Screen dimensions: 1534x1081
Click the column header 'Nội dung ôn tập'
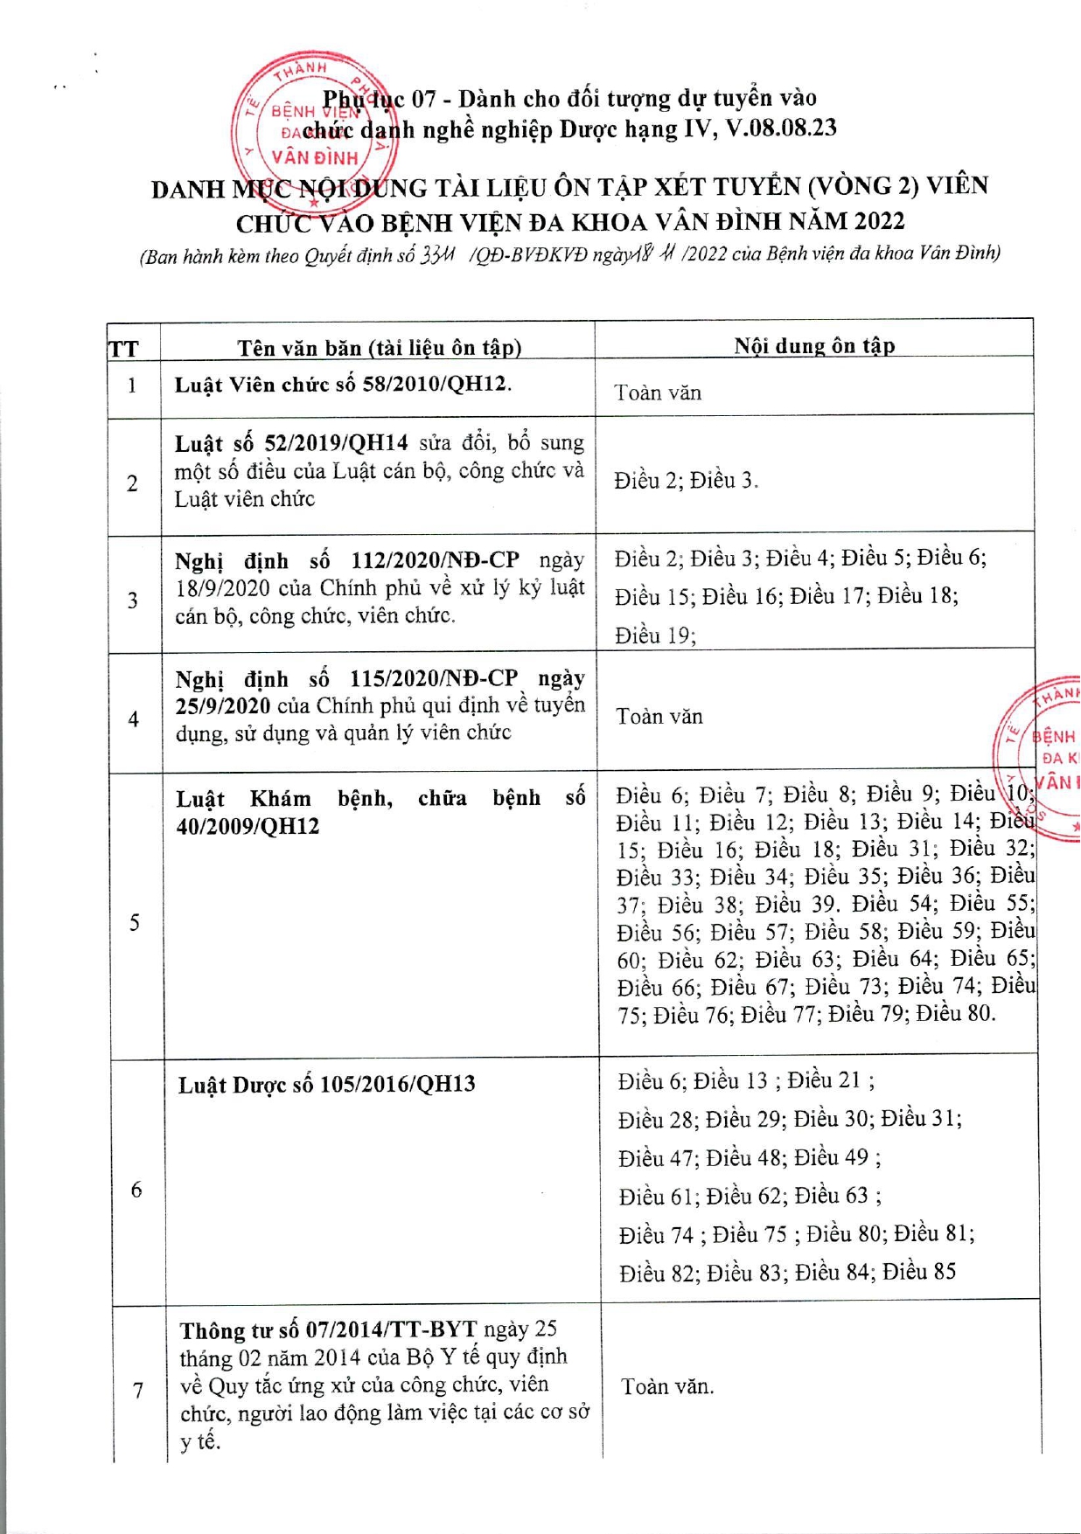click(813, 345)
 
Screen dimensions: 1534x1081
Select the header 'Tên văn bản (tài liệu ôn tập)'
click(379, 348)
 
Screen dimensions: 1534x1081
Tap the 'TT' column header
click(123, 350)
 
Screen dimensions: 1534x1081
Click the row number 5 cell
click(134, 922)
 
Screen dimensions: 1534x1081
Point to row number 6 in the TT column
click(136, 1189)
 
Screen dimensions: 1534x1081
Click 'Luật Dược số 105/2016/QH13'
click(326, 1085)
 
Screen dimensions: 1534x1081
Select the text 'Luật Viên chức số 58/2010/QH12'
click(342, 385)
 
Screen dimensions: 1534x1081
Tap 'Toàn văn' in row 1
click(658, 392)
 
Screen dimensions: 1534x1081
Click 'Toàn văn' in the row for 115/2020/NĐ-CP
click(659, 717)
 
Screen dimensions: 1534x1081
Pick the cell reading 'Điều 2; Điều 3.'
click(686, 480)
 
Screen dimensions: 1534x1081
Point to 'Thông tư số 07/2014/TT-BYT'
click(328, 1330)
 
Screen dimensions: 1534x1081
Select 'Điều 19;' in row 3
click(655, 635)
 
